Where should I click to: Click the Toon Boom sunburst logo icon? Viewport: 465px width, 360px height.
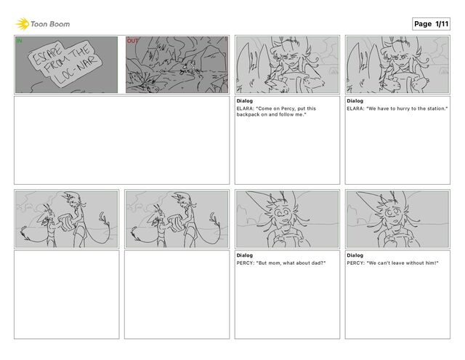point(23,24)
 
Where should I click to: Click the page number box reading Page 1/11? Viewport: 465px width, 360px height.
point(431,24)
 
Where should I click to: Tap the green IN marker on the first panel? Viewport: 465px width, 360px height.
point(19,41)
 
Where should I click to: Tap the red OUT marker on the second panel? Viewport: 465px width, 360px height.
point(132,41)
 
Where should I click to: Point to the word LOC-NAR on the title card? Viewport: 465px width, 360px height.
point(76,70)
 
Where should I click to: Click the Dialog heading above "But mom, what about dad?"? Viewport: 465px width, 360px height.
point(245,255)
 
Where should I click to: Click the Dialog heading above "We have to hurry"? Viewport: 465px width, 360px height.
point(355,101)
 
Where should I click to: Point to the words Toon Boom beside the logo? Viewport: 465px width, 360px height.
point(50,24)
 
